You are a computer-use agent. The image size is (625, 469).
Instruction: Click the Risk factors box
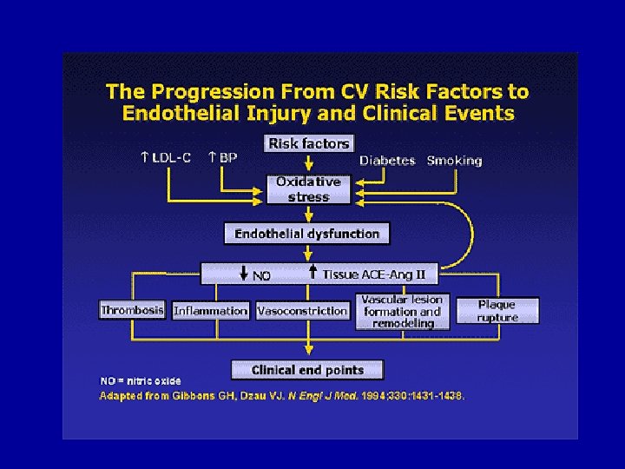[309, 143]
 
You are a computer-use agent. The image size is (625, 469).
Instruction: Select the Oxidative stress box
[309, 189]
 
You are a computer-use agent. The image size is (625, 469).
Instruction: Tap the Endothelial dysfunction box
[307, 234]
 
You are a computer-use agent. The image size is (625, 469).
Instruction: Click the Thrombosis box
[132, 310]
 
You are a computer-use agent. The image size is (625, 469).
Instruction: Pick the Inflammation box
[211, 310]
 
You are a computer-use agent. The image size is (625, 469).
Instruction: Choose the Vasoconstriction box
[302, 310]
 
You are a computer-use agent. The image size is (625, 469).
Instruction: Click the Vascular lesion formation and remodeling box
[403, 312]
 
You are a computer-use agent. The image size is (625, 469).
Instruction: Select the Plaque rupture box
[497, 311]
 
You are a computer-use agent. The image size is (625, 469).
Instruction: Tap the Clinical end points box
[307, 370]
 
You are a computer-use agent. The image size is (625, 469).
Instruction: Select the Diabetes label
[387, 161]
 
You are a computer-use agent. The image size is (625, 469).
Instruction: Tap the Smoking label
[454, 161]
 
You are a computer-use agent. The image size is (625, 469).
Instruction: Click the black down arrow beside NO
[243, 273]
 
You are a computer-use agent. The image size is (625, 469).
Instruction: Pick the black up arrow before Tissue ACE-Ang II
[313, 272]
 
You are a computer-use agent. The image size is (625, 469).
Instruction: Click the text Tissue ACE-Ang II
[374, 274]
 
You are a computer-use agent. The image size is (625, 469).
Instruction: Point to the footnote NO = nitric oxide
[141, 380]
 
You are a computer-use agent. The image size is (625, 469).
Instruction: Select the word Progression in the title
[203, 92]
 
